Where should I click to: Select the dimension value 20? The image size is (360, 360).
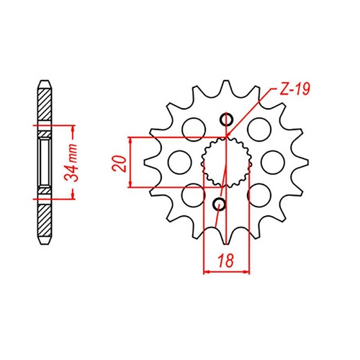120,162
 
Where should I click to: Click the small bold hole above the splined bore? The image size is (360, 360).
228,120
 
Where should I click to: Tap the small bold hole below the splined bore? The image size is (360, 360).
220,204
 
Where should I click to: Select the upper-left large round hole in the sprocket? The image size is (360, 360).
192,130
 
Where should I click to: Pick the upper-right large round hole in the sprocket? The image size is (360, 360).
257,128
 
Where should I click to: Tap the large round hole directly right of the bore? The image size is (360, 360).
272,161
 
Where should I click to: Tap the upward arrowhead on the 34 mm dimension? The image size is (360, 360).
73,131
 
